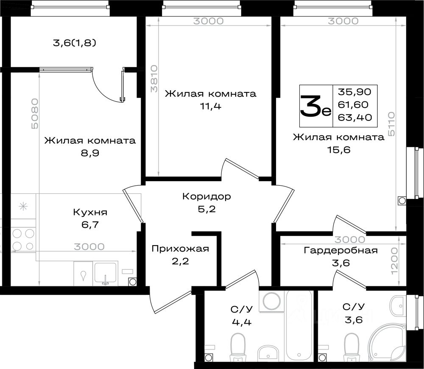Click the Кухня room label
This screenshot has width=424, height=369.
90,212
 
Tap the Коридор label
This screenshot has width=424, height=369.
206,196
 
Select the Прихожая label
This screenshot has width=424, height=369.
180,249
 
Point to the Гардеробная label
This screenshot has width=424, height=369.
341,251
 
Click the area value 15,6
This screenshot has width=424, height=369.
339,150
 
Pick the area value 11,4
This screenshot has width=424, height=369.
210,106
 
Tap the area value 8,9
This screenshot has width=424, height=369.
90,153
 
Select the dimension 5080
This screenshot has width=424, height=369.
35,114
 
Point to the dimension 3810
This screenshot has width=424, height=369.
154,78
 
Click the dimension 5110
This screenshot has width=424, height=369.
391,124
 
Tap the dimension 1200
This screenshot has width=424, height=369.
394,261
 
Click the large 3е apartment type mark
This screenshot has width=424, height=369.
315,106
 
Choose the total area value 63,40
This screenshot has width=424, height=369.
355,117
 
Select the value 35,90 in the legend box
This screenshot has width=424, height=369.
354,92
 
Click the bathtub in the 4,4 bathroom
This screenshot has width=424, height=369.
299,326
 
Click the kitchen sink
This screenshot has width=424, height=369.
106,274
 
